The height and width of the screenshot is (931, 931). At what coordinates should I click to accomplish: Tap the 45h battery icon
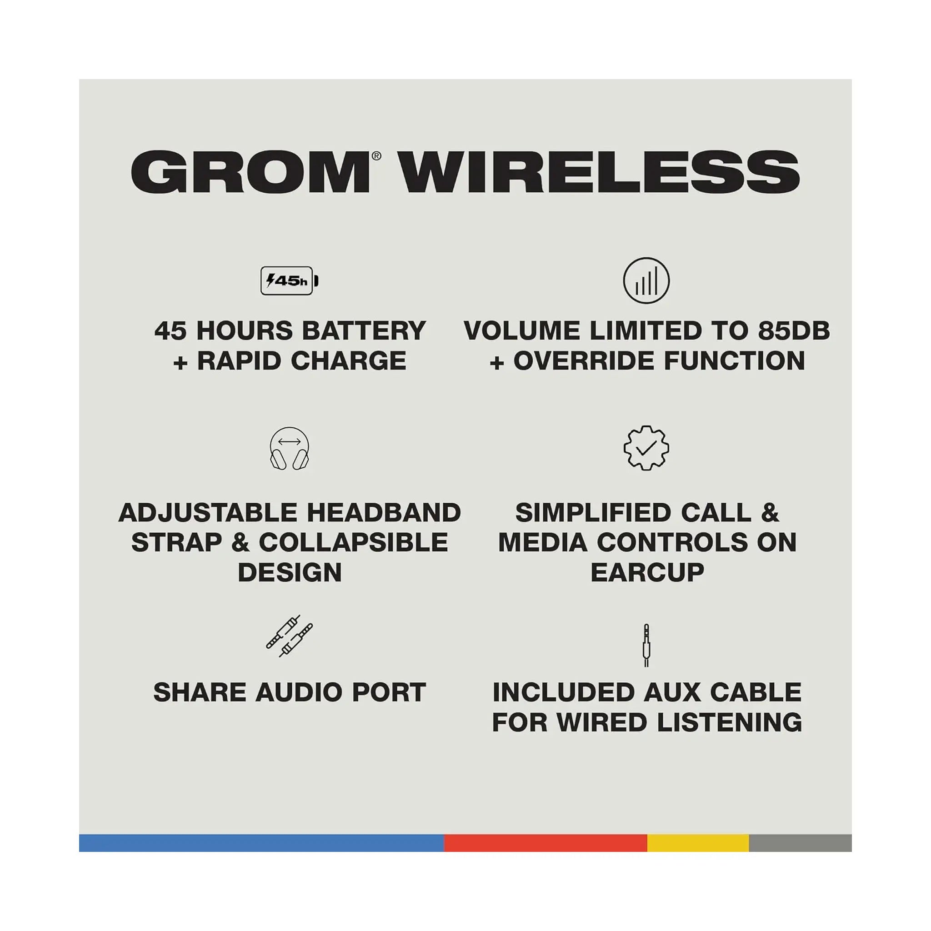pos(290,280)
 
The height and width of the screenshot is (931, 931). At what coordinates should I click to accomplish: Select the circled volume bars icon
pos(646,280)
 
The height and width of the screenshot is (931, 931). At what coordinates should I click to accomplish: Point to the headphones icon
pos(290,449)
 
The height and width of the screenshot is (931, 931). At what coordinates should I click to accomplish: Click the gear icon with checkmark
pos(646,448)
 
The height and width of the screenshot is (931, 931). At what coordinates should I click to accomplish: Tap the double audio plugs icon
pos(290,636)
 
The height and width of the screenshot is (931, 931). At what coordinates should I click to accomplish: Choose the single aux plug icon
pos(646,645)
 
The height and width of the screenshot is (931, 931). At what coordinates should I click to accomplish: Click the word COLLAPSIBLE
pos(353,542)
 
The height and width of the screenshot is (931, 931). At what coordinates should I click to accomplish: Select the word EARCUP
pos(647,572)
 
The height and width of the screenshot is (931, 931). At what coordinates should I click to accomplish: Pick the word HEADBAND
pos(384,512)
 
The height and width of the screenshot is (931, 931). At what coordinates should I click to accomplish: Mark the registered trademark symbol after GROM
pos(376,155)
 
